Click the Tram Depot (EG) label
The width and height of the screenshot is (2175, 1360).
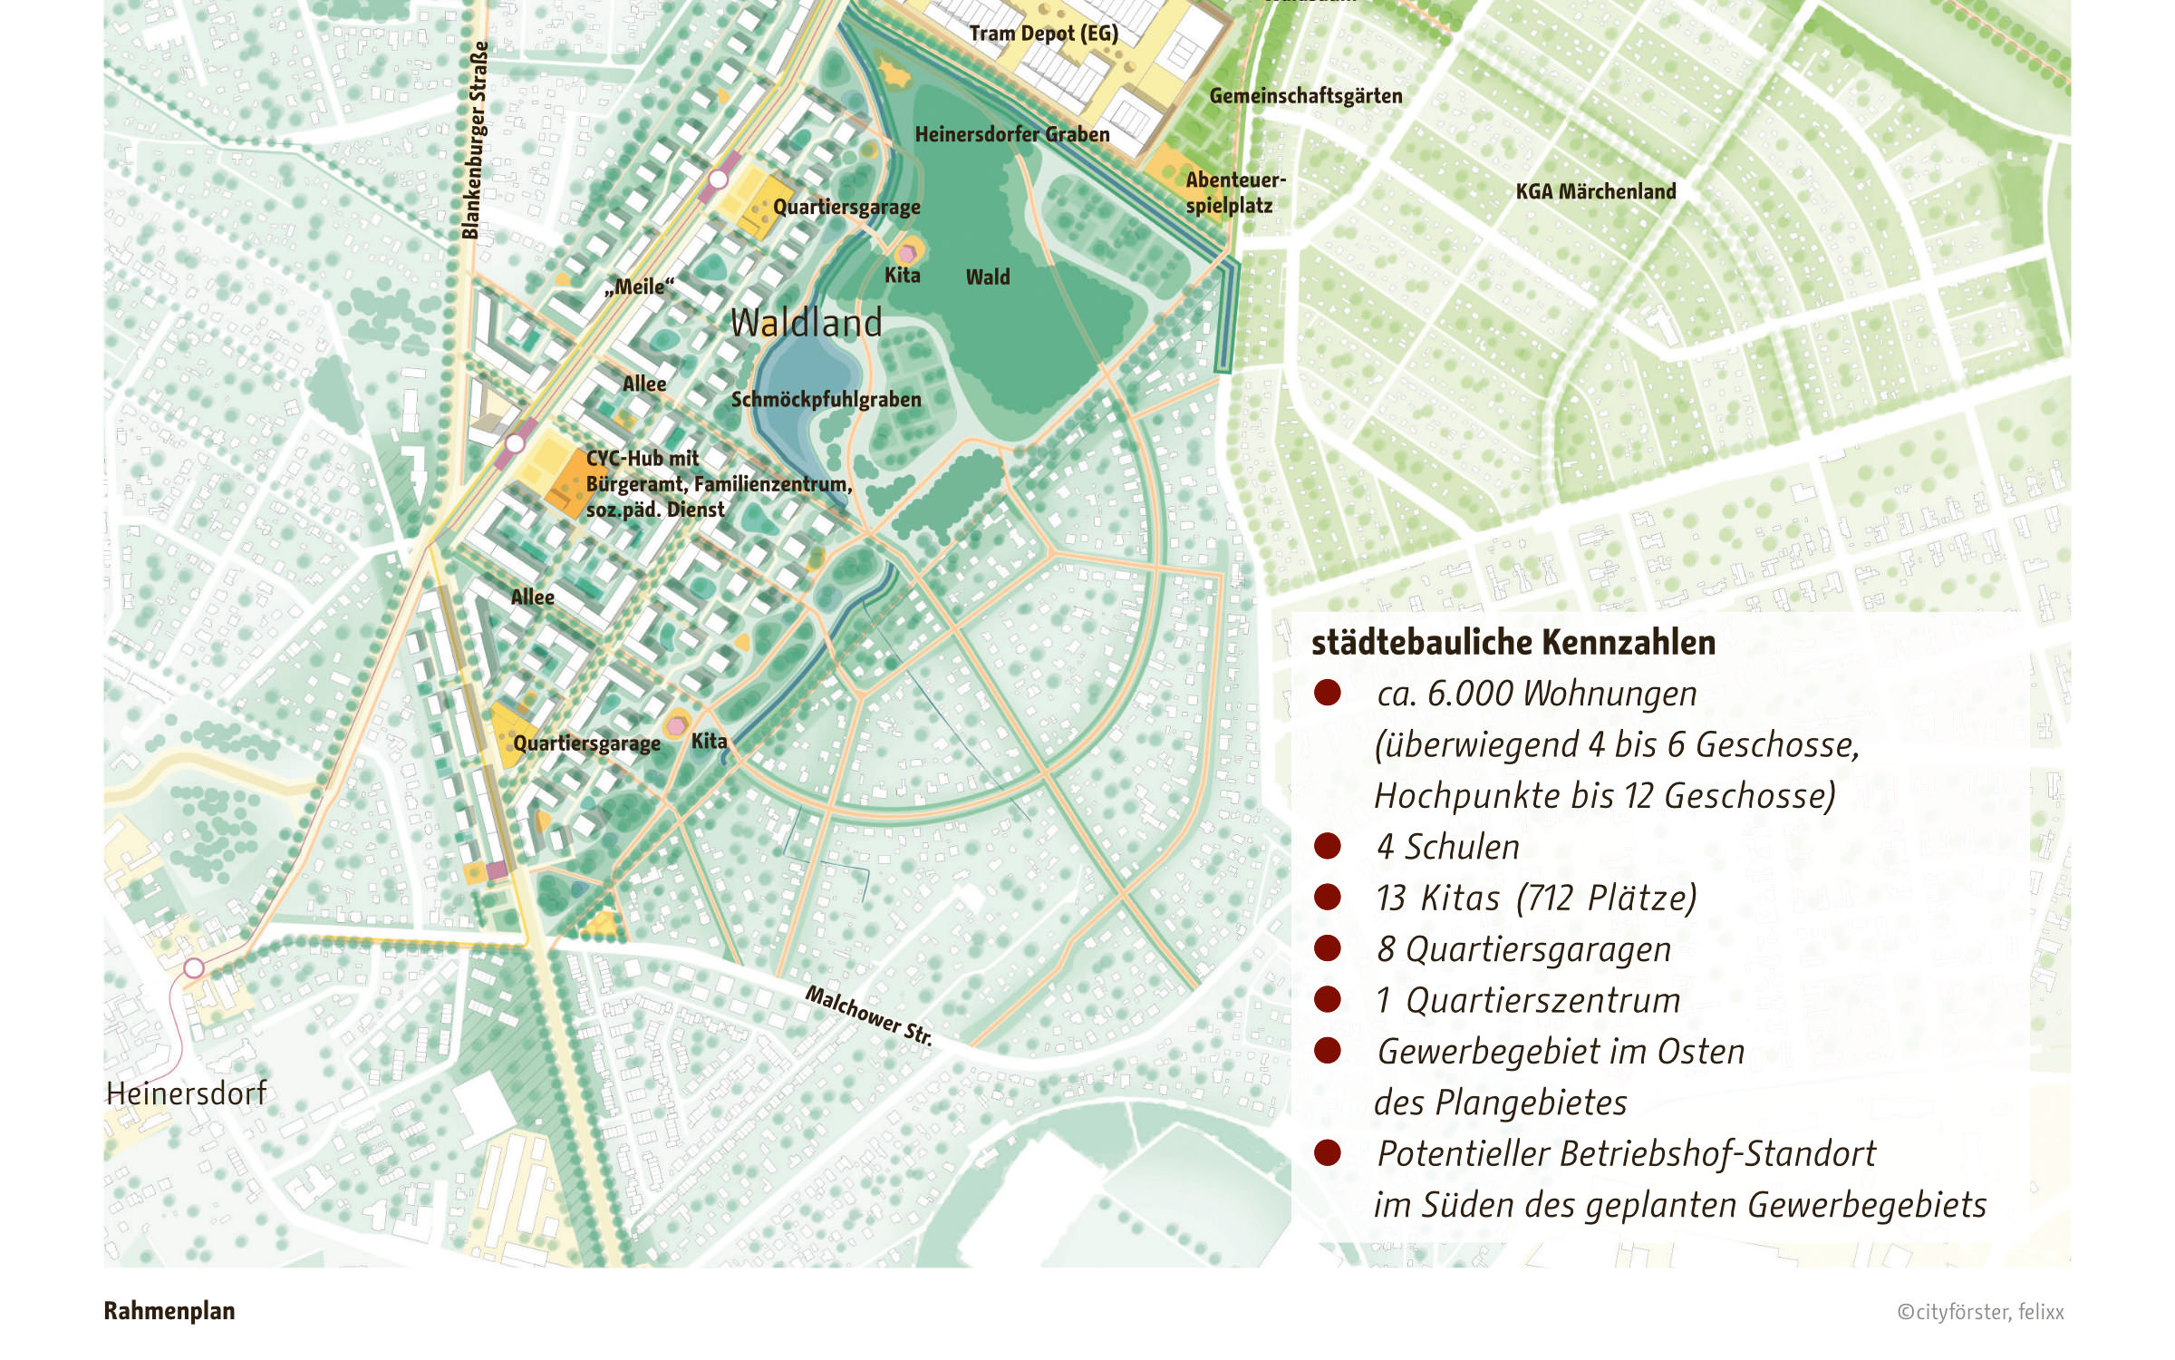(x=1043, y=34)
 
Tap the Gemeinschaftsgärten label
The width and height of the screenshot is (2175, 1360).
(x=1305, y=96)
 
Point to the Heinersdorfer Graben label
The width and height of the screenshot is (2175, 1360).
(x=1011, y=135)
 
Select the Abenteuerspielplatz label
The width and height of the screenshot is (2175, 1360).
(x=1234, y=192)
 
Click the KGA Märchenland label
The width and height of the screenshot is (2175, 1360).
(x=1595, y=191)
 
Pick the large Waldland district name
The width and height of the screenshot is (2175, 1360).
(x=806, y=323)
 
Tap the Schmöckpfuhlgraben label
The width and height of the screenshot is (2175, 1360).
(x=826, y=400)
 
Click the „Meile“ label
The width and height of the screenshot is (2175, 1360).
(x=640, y=287)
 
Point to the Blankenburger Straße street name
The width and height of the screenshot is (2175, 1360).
(x=475, y=141)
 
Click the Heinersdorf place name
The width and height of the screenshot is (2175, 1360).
(x=186, y=1093)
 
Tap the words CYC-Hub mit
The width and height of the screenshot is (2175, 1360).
(x=642, y=459)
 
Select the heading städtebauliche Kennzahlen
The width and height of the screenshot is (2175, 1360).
(x=1513, y=642)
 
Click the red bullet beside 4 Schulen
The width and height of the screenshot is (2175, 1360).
(x=1327, y=846)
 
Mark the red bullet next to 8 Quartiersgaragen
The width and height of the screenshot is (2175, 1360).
(x=1327, y=948)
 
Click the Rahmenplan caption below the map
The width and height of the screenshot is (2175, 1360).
(x=169, y=1311)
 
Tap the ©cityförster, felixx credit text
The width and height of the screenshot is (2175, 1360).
(x=1980, y=1312)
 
